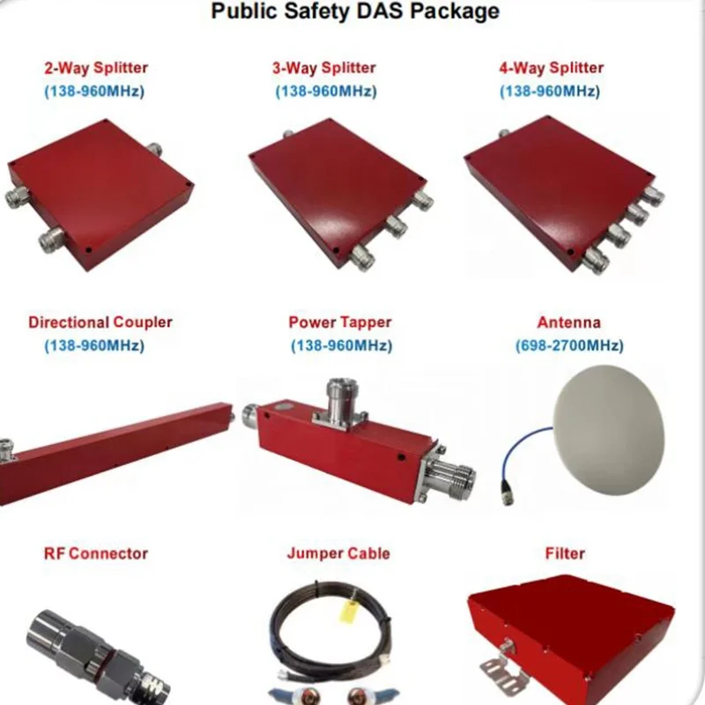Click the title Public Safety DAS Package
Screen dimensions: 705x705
[355, 11]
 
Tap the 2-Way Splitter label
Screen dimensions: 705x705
[96, 68]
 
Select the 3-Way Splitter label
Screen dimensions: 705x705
[323, 68]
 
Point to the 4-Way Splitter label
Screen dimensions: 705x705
[552, 68]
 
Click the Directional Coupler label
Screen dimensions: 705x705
[100, 323]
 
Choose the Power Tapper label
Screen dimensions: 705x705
[339, 323]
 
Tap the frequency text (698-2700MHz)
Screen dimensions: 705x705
[568, 345]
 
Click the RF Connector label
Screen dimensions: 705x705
[96, 553]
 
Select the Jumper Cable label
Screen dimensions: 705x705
[338, 553]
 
